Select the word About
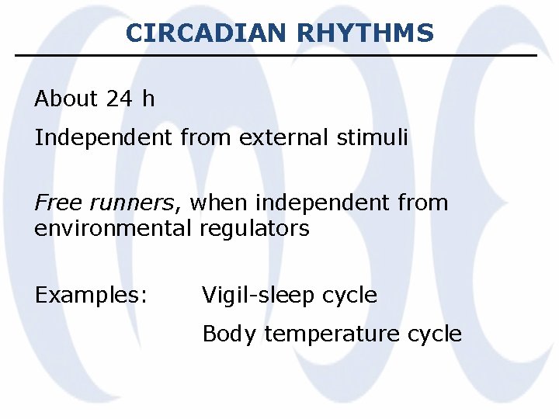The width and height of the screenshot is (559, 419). (66, 99)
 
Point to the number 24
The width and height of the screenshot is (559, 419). (120, 99)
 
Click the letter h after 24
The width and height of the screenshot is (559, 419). (148, 99)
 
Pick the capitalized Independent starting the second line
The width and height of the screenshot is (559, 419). (104, 138)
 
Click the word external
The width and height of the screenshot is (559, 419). (286, 138)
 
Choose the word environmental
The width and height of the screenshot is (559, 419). (113, 229)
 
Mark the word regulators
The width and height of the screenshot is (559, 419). (255, 229)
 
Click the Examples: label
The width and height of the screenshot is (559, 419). (92, 296)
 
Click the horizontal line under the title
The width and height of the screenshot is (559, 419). (276, 55)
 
